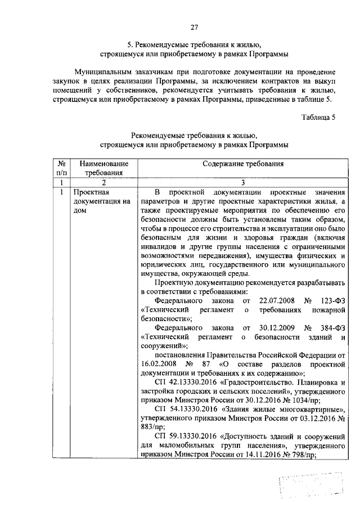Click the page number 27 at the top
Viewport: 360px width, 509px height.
pos(195,26)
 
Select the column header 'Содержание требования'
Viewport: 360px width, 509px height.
pos(242,164)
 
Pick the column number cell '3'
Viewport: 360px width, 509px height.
pos(242,183)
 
